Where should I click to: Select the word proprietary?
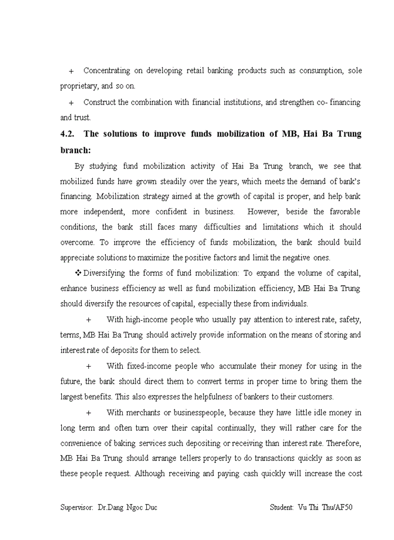tap(80, 87)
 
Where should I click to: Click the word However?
tap(266, 211)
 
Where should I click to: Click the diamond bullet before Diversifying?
tap(78, 273)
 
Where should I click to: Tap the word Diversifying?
tap(104, 273)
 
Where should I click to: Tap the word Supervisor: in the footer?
tap(77, 507)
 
